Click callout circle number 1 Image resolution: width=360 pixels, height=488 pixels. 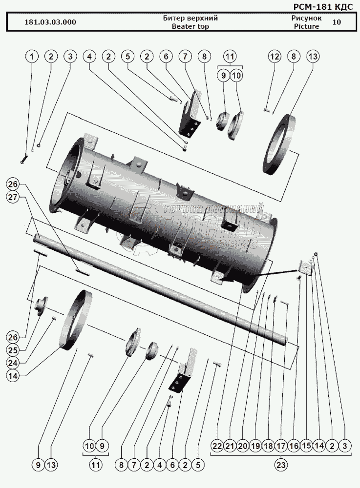tap(32, 57)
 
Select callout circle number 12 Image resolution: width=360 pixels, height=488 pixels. tap(274, 57)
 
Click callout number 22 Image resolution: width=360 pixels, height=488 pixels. tap(217, 446)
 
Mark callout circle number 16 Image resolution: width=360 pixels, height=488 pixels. tap(294, 446)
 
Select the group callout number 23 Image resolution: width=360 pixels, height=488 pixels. tap(280, 465)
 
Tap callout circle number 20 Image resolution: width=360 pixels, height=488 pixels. tap(242, 446)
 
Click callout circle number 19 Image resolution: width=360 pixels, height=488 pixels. tap(255, 446)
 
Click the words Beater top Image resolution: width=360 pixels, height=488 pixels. tap(190, 26)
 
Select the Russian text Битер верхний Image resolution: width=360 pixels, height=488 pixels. tap(190, 19)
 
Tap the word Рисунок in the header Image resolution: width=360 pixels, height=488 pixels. tap(306, 19)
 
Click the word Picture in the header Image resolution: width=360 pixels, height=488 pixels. tap(306, 26)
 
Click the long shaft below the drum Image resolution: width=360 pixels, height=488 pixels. tap(161, 288)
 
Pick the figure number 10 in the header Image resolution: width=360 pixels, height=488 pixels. tap(337, 22)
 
